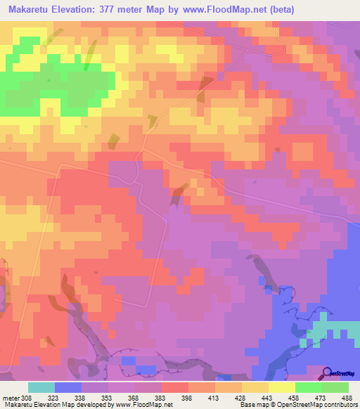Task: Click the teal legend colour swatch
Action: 41,387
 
